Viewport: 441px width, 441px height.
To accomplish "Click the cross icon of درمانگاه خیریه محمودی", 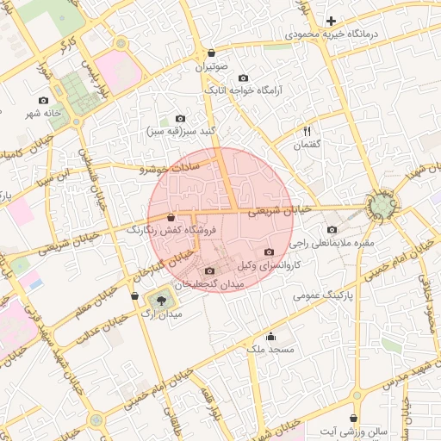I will click(332, 20).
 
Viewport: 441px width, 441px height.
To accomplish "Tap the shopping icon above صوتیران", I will click(211, 53).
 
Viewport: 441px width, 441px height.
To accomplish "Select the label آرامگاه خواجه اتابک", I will click(243, 90).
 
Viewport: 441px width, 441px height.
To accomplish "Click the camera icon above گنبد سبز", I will click(179, 119).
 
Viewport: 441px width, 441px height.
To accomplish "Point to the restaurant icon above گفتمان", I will click(307, 131).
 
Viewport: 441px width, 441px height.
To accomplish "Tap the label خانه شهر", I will click(44, 113).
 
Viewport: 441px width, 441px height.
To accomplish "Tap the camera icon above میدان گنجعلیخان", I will click(210, 270).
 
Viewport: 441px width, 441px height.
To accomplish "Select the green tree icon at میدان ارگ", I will click(158, 301).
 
